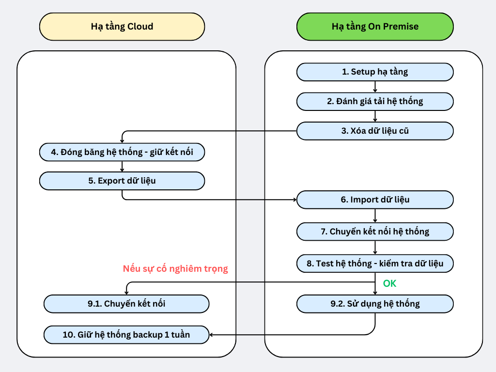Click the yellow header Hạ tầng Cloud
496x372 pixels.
point(122,26)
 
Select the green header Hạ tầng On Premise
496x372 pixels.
point(375,26)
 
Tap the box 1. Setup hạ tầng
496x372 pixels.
point(375,72)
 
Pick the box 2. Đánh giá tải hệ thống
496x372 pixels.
point(375,101)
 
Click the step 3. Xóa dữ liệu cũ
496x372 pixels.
point(375,131)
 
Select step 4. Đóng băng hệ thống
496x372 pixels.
point(122,152)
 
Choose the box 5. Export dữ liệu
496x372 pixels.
point(122,181)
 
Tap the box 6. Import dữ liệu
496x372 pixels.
point(375,200)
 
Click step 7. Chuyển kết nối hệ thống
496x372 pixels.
point(375,232)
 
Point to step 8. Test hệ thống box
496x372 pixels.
point(375,263)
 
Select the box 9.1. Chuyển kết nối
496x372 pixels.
point(126,304)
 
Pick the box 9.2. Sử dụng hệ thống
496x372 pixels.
point(375,304)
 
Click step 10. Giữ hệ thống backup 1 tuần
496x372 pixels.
point(126,334)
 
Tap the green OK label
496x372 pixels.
point(389,283)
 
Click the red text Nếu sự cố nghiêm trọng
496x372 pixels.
point(175,268)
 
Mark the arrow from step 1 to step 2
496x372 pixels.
point(375,87)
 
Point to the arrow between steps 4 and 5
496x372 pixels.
point(122,166)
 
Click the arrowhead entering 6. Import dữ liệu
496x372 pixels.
point(294,200)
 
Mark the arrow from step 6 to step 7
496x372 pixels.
point(375,216)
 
